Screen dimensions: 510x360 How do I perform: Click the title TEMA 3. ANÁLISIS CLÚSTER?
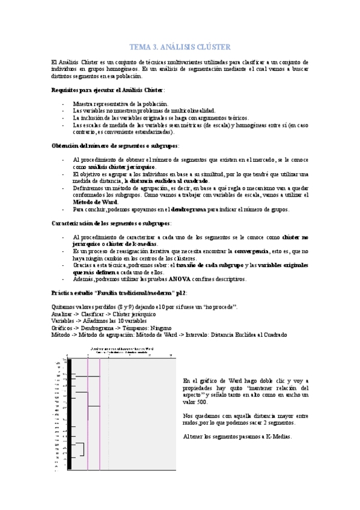(x=180, y=47)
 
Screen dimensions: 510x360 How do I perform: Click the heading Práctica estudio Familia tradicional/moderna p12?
(x=120, y=293)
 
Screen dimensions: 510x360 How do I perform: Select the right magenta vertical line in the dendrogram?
(x=99, y=415)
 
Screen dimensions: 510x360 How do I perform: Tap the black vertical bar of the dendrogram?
(x=70, y=415)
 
